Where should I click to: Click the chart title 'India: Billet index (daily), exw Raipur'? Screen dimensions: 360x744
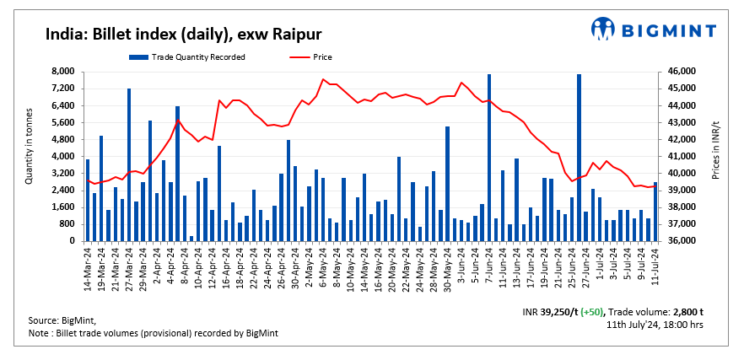[x=184, y=35]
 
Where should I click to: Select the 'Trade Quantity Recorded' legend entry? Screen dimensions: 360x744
[x=187, y=57]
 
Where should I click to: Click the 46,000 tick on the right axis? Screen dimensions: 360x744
[x=680, y=72]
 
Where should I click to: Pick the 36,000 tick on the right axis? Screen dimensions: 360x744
[x=680, y=241]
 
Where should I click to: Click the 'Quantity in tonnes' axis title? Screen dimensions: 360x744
[x=29, y=145]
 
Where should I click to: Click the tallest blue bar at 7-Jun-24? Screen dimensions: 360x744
[x=489, y=158]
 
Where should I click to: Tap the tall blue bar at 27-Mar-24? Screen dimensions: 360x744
[x=129, y=164]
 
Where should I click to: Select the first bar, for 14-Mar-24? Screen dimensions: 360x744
[x=88, y=200]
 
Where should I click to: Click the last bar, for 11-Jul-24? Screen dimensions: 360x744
[x=655, y=212]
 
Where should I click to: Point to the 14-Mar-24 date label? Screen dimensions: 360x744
[x=88, y=264]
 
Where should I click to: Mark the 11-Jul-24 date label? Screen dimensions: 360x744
[x=655, y=264]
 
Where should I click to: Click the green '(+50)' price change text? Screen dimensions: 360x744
[x=586, y=312]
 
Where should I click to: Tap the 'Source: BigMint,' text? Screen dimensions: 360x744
[x=62, y=321]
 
